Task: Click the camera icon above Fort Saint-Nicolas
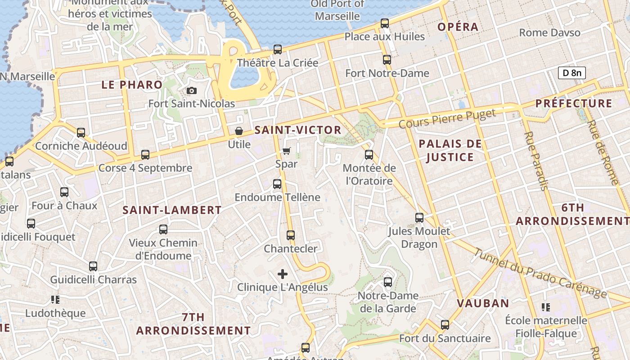pyautogui.click(x=192, y=91)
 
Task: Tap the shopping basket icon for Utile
pyautogui.click(x=239, y=131)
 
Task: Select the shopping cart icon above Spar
pyautogui.click(x=287, y=151)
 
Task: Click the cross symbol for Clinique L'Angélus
pyautogui.click(x=283, y=274)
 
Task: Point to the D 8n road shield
pyautogui.click(x=571, y=73)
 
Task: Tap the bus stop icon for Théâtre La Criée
pyautogui.click(x=278, y=49)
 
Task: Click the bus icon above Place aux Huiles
pyautogui.click(x=385, y=23)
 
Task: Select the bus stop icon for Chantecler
pyautogui.click(x=291, y=235)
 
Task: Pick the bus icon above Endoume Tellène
pyautogui.click(x=277, y=184)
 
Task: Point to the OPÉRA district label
pyautogui.click(x=458, y=27)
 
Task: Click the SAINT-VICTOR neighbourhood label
pyautogui.click(x=298, y=130)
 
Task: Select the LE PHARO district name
pyautogui.click(x=132, y=85)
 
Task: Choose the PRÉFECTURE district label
pyautogui.click(x=574, y=103)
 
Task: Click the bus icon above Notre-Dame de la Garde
pyautogui.click(x=388, y=282)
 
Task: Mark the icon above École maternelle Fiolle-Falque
pyautogui.click(x=546, y=307)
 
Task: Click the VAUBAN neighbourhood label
pyautogui.click(x=483, y=303)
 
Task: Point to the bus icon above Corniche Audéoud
pyautogui.click(x=81, y=133)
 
